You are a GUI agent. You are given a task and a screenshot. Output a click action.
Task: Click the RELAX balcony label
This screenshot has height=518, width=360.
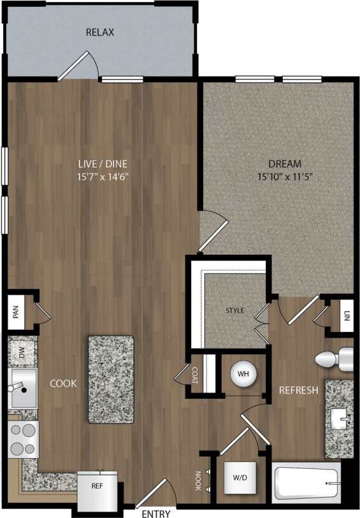(x=100, y=32)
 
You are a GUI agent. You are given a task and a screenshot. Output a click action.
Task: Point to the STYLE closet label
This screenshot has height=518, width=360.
(x=234, y=311)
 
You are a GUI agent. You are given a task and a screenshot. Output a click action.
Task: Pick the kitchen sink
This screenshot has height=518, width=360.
(x=22, y=388)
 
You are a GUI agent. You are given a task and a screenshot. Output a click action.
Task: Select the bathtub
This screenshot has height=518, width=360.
(x=306, y=484)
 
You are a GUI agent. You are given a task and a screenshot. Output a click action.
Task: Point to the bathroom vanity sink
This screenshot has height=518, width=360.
(x=339, y=419)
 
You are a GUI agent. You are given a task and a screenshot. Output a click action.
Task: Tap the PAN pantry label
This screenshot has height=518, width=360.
(x=15, y=312)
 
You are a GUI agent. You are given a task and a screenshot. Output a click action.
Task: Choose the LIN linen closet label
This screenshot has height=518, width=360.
(x=347, y=316)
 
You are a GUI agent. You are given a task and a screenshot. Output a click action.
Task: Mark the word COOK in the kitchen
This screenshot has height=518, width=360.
(x=63, y=384)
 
